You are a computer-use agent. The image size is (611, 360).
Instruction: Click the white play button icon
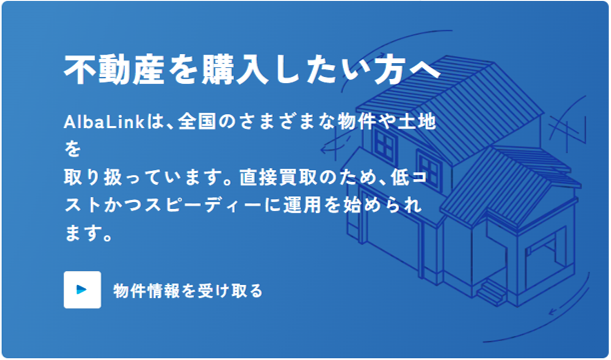83,290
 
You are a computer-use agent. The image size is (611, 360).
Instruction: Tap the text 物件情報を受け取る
188,291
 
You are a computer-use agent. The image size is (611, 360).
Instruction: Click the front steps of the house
489,291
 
